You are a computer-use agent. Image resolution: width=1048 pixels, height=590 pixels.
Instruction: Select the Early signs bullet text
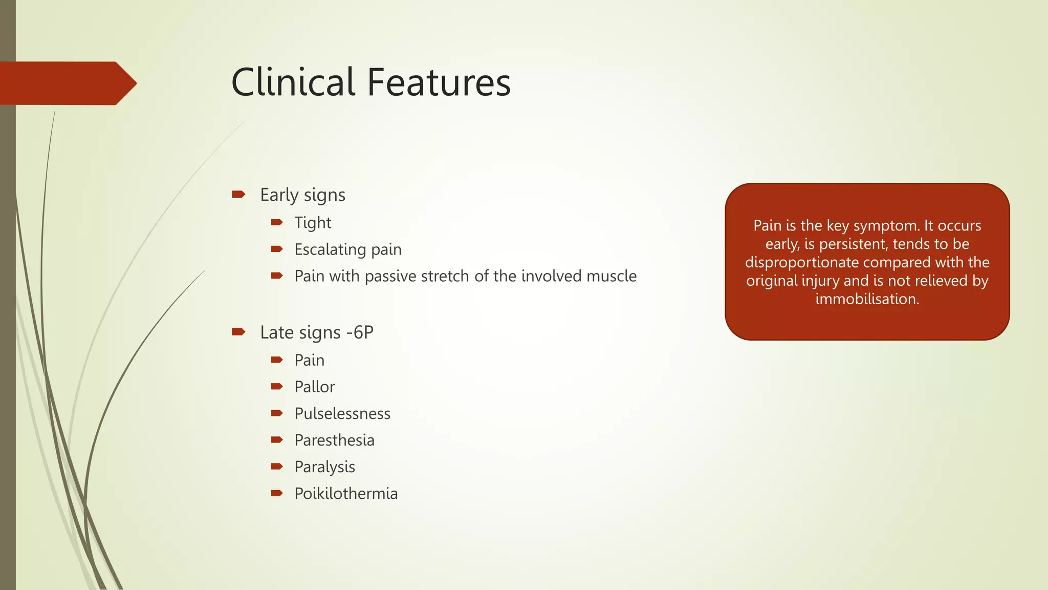[302, 195]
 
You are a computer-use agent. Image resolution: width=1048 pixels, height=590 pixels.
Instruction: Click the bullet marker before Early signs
[238, 194]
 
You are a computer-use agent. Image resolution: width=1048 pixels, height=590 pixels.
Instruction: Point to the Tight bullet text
[313, 223]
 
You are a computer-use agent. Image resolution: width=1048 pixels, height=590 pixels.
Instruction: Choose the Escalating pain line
[348, 249]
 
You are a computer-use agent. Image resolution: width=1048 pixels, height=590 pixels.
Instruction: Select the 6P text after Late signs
[363, 332]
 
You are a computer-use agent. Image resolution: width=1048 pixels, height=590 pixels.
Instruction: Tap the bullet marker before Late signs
[238, 332]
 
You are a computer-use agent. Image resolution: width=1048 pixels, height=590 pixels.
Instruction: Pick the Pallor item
[314, 387]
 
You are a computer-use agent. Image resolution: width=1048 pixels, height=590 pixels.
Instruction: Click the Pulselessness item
[342, 413]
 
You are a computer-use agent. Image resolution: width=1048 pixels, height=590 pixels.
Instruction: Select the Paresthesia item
[334, 440]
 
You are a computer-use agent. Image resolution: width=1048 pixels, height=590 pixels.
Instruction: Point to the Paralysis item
[324, 467]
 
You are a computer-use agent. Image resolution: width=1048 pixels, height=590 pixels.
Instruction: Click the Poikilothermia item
[346, 493]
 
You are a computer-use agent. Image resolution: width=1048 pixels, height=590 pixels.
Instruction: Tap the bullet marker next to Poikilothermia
[277, 493]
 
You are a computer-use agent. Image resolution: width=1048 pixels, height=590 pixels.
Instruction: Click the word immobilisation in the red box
[867, 299]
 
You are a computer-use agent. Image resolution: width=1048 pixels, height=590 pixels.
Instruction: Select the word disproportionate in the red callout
[801, 262]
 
